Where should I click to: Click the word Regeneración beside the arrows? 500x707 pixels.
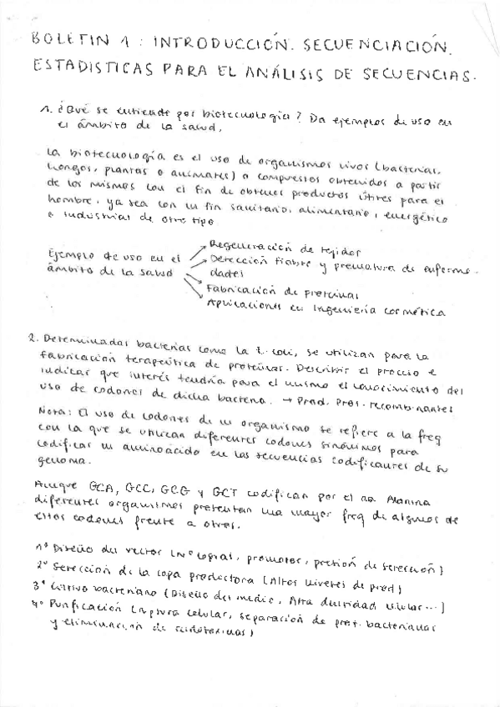250,246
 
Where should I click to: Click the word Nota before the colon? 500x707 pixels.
53,410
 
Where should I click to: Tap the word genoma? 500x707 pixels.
65,460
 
